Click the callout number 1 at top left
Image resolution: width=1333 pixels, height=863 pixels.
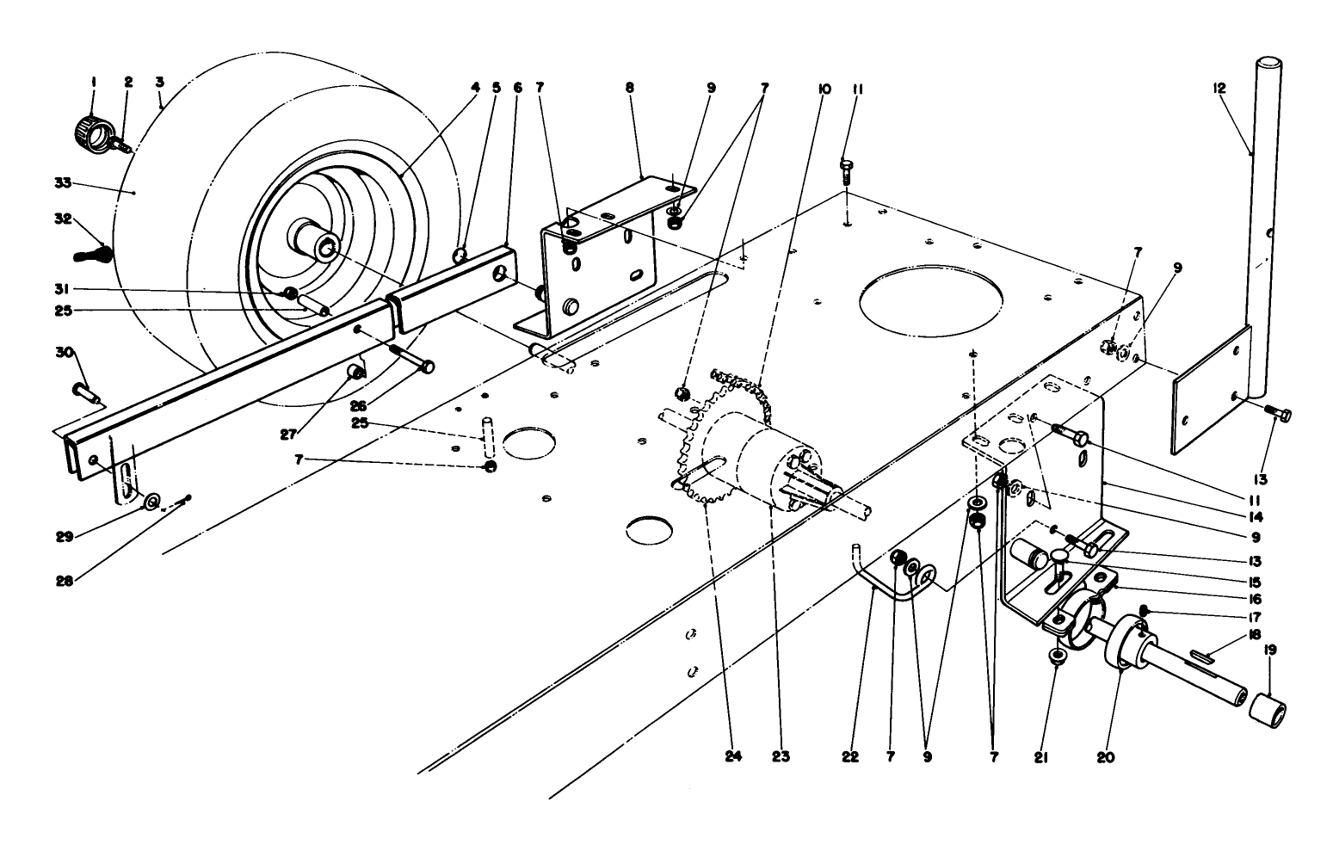94,83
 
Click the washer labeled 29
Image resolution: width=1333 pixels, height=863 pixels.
152,502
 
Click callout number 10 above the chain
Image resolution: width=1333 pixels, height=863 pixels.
824,89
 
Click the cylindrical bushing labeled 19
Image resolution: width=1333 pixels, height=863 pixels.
1267,713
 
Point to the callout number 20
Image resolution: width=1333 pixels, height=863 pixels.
1105,757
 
